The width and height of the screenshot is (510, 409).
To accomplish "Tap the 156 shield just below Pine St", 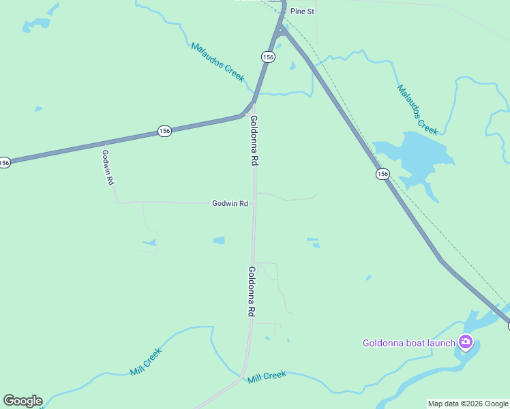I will point(268,57).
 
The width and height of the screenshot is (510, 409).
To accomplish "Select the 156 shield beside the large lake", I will point(382,175).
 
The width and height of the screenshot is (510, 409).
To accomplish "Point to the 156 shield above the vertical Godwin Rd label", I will point(164,131).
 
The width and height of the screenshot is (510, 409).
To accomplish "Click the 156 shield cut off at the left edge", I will point(4,162).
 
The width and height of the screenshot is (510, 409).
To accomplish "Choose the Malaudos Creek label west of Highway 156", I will point(217,62).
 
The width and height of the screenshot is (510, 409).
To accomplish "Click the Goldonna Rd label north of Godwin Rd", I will point(254,141).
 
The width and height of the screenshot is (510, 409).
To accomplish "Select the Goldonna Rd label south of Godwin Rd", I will point(251,291).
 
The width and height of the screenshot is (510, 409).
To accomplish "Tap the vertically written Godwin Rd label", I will point(107,168).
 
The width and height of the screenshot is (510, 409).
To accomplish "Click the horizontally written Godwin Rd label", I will point(230,203).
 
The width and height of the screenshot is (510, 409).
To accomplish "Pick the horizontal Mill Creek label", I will point(267,376).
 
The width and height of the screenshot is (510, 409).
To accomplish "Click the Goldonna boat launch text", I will point(409,343).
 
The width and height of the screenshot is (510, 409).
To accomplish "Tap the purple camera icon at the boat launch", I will point(466,342).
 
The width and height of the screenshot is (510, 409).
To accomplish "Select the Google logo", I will point(22,401).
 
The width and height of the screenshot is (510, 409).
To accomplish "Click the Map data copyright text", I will point(468,404).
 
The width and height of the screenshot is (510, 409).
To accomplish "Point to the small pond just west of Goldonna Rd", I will point(219,240).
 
